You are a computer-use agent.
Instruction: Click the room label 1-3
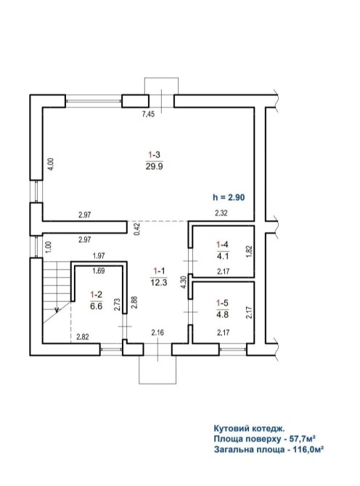coord(154,155)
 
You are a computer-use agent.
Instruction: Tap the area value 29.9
coord(154,167)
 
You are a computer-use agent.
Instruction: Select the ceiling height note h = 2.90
coord(229,197)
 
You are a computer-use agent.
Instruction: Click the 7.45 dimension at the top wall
coord(148,114)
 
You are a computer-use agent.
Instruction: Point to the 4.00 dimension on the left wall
coord(52,164)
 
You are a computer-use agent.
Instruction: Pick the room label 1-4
coord(222,244)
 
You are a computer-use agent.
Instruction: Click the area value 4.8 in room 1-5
coord(222,313)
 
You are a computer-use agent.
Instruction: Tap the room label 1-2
coord(96,295)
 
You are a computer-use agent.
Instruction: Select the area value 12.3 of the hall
coord(159,282)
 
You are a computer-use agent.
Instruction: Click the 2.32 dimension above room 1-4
coord(221,213)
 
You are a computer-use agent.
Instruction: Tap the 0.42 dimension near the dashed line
coord(138,229)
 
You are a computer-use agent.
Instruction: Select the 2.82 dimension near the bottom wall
coord(83,337)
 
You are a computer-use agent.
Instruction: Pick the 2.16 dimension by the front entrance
coord(157,333)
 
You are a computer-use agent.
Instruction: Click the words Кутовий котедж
coord(249,429)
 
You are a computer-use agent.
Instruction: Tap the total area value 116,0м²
coord(308,449)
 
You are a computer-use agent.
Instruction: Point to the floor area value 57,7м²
coord(303,439)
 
